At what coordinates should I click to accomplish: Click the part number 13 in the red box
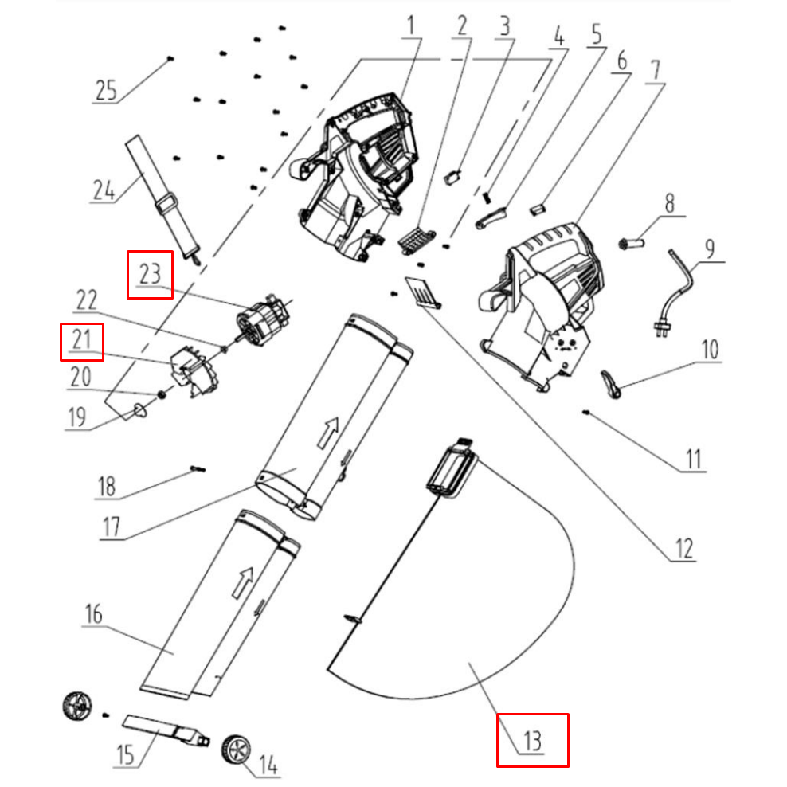click(x=532, y=741)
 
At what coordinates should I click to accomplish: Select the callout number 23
click(x=150, y=275)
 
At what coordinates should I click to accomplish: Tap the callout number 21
click(x=81, y=342)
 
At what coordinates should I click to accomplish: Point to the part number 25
click(x=105, y=89)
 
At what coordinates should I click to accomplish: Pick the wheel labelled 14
click(x=236, y=749)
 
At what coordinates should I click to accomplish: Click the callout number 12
click(x=683, y=548)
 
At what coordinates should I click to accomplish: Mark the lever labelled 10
click(x=612, y=384)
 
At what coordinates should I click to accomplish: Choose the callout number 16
click(x=94, y=614)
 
